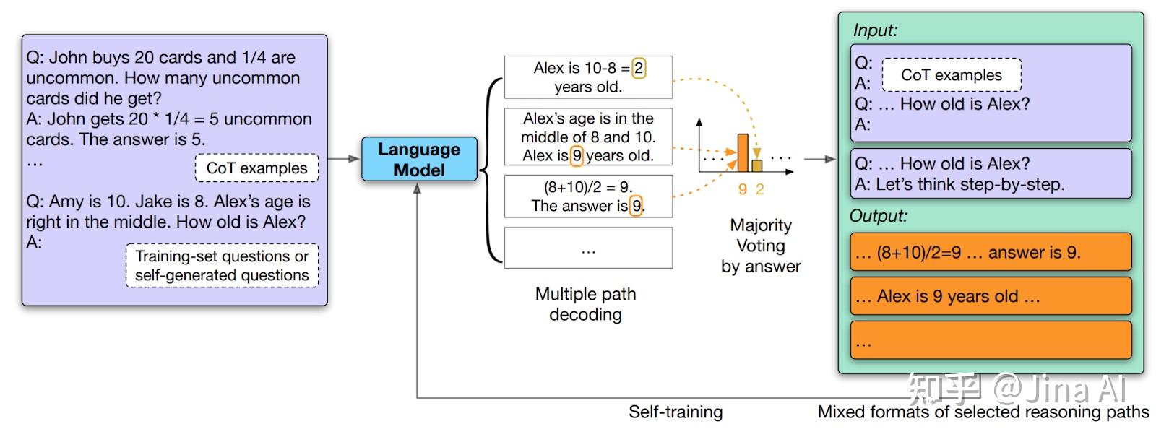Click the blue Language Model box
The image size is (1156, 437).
tap(419, 159)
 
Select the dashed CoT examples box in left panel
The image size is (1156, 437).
tap(256, 168)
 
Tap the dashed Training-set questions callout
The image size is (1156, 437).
tap(222, 266)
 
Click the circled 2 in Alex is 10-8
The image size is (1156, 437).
tap(639, 68)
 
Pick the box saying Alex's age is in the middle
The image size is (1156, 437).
tap(588, 137)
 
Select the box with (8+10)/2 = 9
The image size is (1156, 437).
tap(588, 196)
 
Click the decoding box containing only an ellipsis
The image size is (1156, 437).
tap(588, 248)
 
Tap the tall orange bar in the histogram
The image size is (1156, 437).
tap(742, 152)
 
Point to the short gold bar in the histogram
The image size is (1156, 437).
tap(757, 166)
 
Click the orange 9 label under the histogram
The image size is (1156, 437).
tap(742, 189)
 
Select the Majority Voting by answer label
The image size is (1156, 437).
tap(761, 246)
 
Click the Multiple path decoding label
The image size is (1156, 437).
tap(585, 304)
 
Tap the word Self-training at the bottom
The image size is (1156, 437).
tap(676, 412)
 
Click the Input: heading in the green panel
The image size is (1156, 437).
tap(875, 30)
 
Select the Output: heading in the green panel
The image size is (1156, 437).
tap(878, 215)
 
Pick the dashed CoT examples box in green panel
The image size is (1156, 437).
tap(951, 75)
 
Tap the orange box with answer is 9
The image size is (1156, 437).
tap(990, 252)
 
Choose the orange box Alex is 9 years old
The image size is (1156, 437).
tap(990, 296)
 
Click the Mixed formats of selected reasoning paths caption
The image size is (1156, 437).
tap(983, 412)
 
